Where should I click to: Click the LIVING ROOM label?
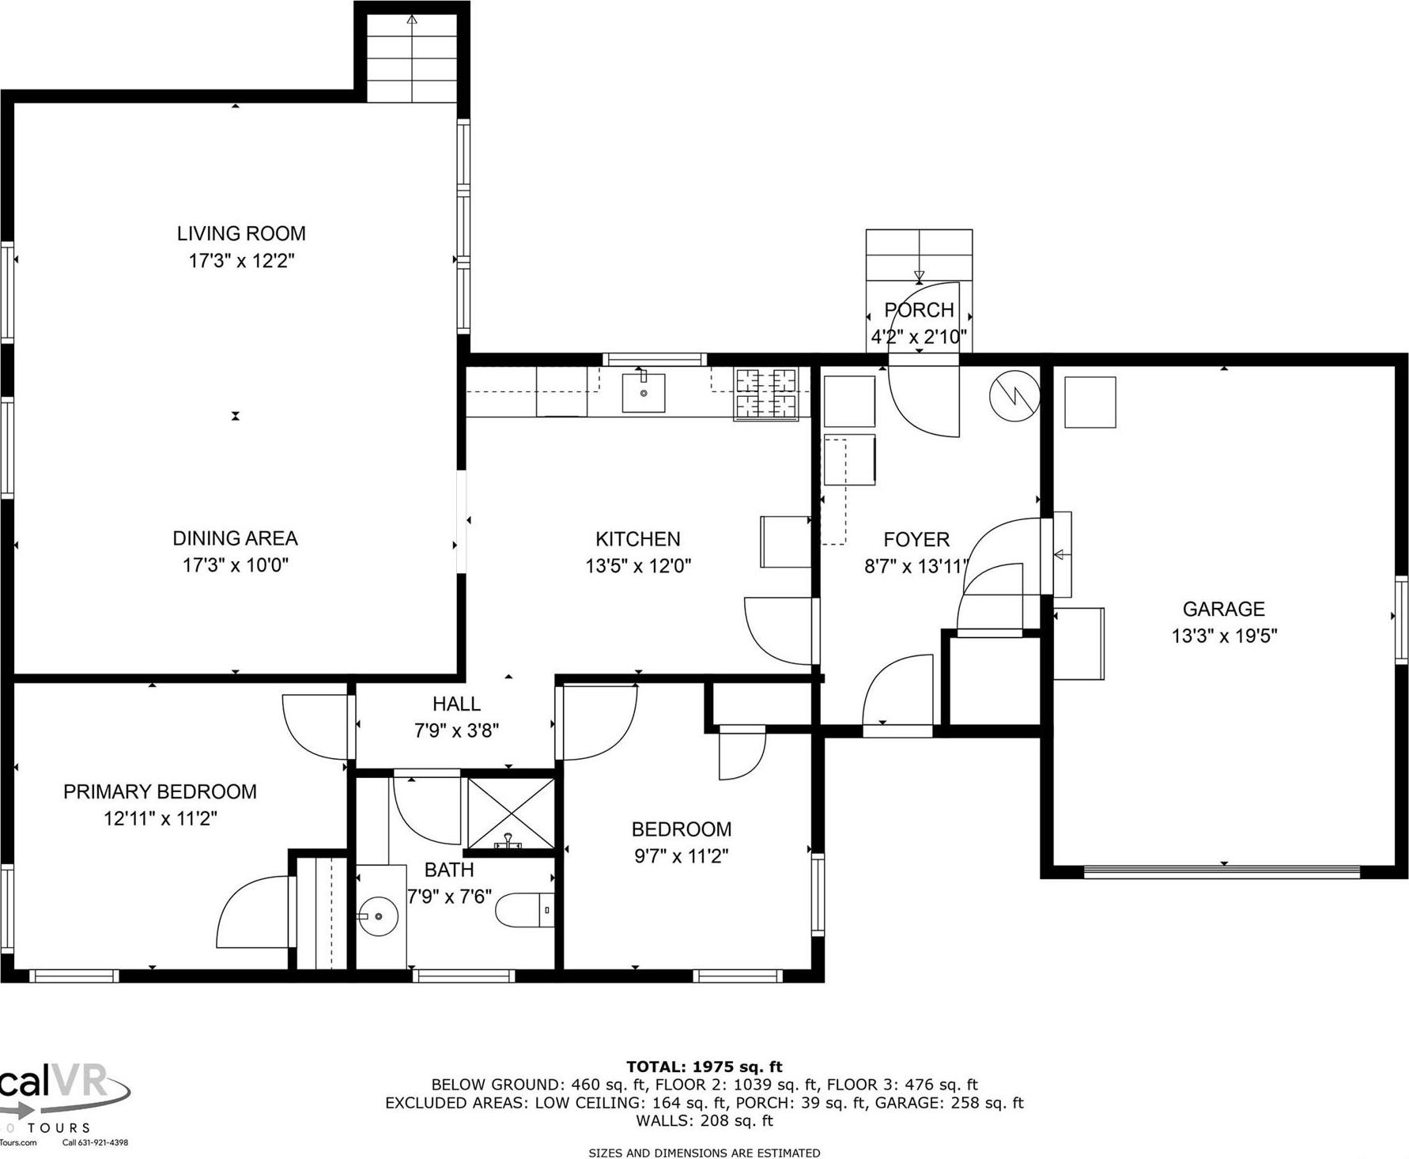[x=241, y=233]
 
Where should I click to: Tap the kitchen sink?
[x=643, y=393]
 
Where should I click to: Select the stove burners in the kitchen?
[x=765, y=395]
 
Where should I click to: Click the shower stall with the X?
[x=511, y=813]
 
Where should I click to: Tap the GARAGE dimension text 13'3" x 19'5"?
[x=1224, y=636]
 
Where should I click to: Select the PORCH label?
[x=919, y=310]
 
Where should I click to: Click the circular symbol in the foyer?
[x=1014, y=395]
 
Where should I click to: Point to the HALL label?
[x=456, y=704]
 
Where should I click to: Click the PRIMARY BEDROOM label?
[x=160, y=791]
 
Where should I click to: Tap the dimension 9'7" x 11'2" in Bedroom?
[x=681, y=855]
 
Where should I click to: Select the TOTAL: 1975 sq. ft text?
[x=704, y=1067]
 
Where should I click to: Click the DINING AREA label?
[x=235, y=538]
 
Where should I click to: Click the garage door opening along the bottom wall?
[x=1222, y=872]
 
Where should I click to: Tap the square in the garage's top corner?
[x=1090, y=402]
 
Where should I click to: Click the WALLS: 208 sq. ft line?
[x=704, y=1120]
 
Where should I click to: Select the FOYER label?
[x=916, y=539]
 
